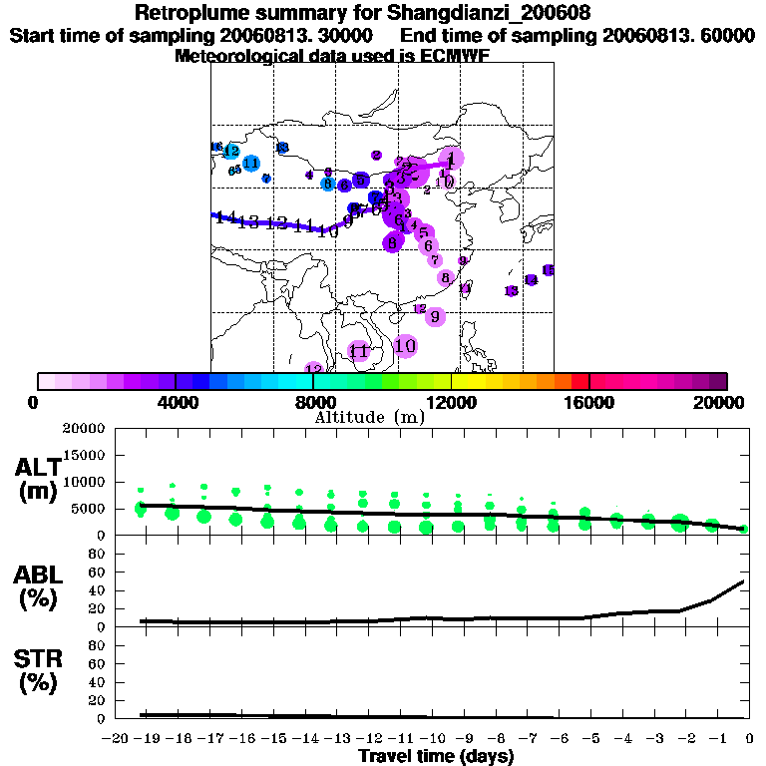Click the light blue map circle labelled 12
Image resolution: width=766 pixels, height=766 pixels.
click(231, 151)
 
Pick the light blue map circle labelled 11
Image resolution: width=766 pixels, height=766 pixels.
click(251, 164)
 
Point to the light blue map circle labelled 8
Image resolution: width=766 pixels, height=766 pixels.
click(327, 183)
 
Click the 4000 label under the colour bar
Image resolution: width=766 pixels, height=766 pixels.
click(175, 403)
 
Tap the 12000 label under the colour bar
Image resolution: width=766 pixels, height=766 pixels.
click(452, 403)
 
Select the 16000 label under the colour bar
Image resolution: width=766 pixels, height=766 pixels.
click(590, 403)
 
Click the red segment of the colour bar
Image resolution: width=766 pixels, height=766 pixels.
click(578, 381)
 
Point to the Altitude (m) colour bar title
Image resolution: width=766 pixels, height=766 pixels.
click(369, 417)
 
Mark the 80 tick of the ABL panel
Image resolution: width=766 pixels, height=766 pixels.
click(99, 553)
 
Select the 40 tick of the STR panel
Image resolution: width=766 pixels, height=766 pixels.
click(99, 681)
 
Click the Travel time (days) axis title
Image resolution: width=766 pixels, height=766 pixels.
click(435, 757)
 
